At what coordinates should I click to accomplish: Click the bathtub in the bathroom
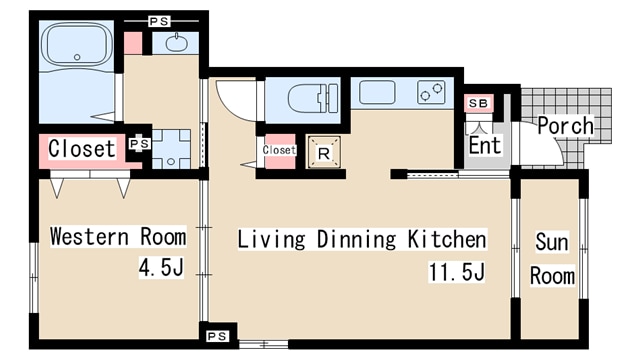[x=77, y=45]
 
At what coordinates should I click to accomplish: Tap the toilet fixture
[x=313, y=98]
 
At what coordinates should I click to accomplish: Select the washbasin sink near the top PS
[x=177, y=43]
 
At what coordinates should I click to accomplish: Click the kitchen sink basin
[x=377, y=92]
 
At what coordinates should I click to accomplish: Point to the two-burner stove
[x=431, y=92]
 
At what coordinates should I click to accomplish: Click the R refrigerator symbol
[x=324, y=152]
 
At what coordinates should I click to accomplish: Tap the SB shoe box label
[x=478, y=103]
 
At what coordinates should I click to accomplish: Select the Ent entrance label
[x=484, y=145]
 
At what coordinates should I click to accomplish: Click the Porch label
[x=566, y=125]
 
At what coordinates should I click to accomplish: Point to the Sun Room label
[x=552, y=259]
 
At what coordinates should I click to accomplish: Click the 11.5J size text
[x=457, y=272]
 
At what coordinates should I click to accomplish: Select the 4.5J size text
[x=162, y=267]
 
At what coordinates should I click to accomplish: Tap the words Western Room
[x=118, y=236]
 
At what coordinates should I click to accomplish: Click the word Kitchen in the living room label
[x=447, y=239]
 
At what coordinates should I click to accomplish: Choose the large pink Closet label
[x=82, y=148]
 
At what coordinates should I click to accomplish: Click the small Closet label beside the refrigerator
[x=279, y=150]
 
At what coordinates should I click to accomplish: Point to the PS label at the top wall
[x=159, y=21]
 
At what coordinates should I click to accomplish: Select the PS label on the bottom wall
[x=217, y=336]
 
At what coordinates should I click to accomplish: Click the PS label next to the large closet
[x=140, y=144]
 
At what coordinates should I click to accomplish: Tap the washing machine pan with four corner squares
[x=171, y=149]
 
